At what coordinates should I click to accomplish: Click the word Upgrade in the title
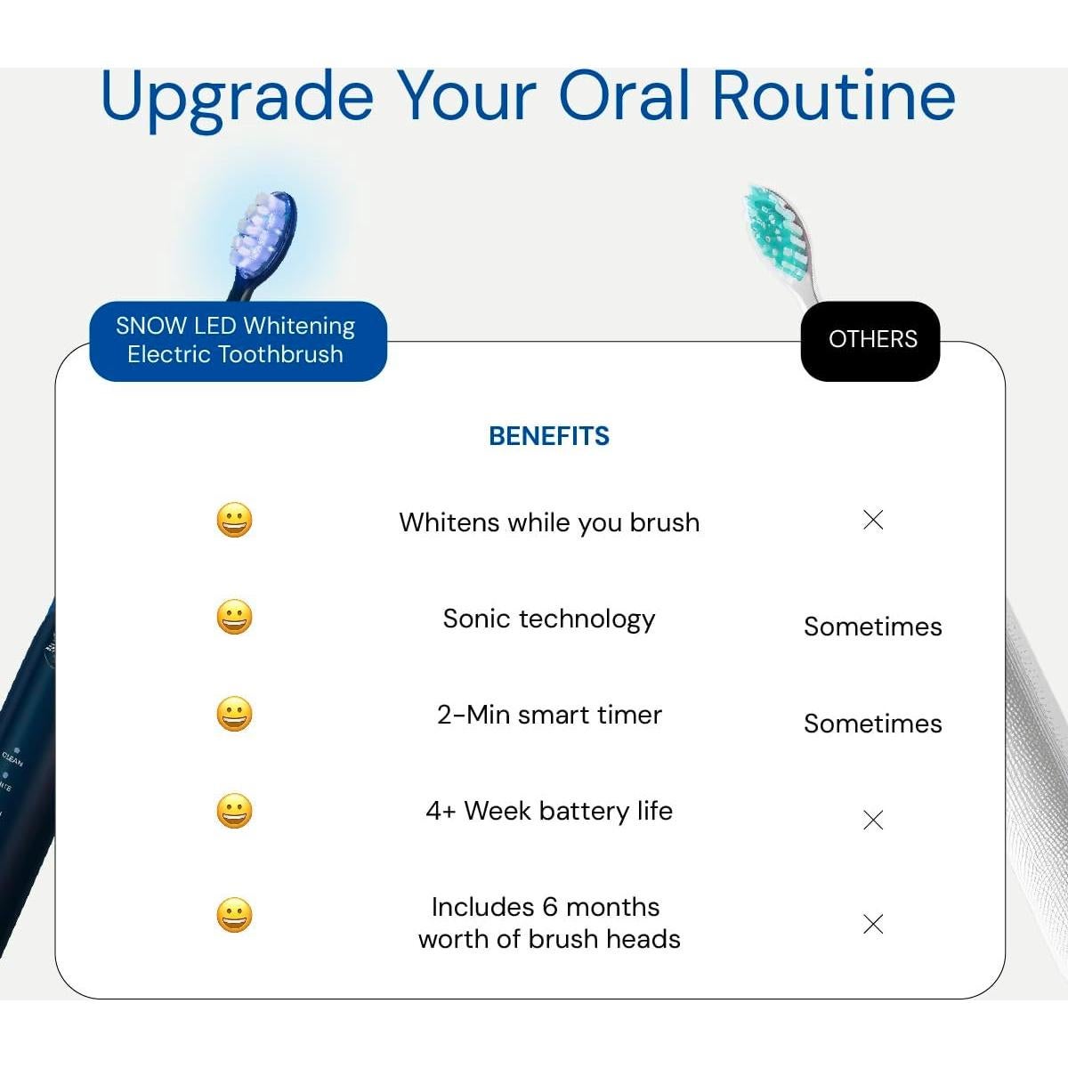coord(238,98)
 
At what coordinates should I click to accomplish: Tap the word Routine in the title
coord(834,94)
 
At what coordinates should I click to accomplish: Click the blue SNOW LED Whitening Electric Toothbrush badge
coord(239,341)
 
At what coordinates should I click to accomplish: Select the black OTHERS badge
coord(870,341)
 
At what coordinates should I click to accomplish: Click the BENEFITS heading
coord(549,436)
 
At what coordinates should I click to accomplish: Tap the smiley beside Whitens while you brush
coord(234,520)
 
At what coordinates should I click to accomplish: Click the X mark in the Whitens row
coord(873,520)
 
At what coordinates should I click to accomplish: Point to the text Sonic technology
coord(549,619)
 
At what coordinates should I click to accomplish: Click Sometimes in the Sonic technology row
coord(873,627)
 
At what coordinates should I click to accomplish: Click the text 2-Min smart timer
coord(549,715)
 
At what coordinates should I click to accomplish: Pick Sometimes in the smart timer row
coord(873,724)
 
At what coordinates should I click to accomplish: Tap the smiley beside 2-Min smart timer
coord(234,714)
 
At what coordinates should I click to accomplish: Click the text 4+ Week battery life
coord(549,811)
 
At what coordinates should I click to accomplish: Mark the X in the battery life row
coord(873,820)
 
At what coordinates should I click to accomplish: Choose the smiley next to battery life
coord(234,811)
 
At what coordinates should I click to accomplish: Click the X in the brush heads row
coord(873,924)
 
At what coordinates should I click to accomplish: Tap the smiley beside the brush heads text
coord(234,915)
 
